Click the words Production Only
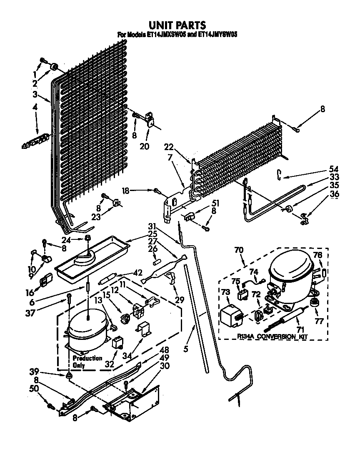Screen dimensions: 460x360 pos(87,362)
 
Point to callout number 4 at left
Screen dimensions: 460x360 pos(35,107)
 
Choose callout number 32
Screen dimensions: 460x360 pos(110,363)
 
